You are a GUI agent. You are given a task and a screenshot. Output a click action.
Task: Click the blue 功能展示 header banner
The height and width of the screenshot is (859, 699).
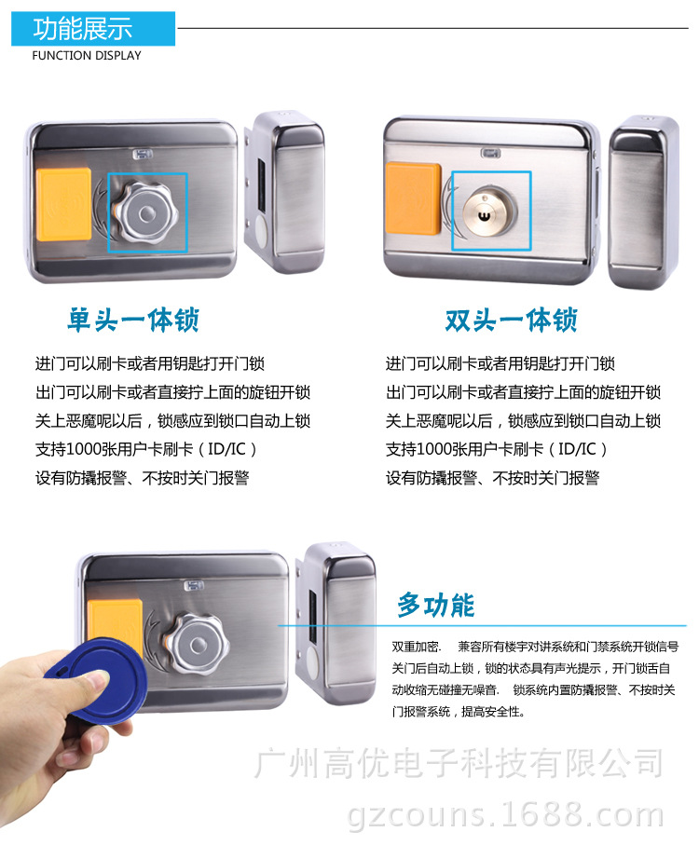tap(93, 29)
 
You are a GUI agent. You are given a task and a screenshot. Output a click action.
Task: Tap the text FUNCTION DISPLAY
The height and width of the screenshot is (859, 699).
tap(87, 55)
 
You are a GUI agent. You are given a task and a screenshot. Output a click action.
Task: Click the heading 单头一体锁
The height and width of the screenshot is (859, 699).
tap(133, 320)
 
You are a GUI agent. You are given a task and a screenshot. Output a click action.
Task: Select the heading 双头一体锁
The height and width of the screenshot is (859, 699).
tap(511, 320)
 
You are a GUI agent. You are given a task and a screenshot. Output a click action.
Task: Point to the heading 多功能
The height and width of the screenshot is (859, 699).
tap(436, 606)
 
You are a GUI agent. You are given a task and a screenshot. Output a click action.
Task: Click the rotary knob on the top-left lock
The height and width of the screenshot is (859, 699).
tap(145, 213)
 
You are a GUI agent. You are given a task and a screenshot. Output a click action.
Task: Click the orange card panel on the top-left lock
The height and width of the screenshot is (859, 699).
tap(63, 204)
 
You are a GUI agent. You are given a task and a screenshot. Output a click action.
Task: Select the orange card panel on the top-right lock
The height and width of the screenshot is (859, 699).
tap(414, 198)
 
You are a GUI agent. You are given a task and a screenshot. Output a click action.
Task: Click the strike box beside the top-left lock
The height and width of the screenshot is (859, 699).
tap(285, 192)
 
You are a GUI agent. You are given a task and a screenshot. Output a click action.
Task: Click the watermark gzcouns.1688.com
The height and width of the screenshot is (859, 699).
tap(505, 814)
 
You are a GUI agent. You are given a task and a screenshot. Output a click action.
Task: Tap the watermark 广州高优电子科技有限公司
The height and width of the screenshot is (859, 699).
tap(459, 763)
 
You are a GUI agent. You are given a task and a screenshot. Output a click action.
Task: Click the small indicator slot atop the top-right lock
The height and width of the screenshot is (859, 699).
tap(490, 154)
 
